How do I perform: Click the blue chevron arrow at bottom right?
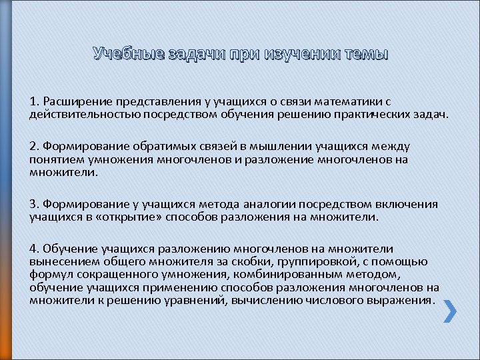tap(450, 311)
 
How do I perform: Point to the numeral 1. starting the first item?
tap(34, 101)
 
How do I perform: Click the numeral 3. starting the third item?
tap(35, 204)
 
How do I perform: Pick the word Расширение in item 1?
tap(76, 101)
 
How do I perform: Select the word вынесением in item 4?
tap(59, 262)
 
